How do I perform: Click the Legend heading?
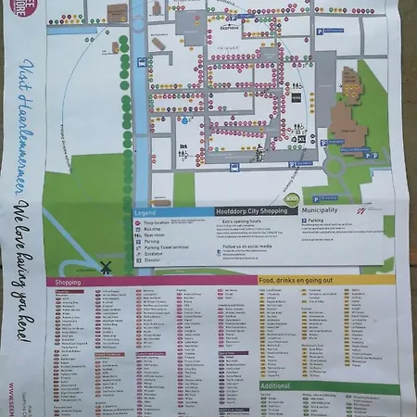coord(146,212)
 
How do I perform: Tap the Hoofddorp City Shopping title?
coord(246,212)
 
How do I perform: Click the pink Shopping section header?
coord(69,281)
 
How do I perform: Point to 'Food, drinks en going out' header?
coord(297,280)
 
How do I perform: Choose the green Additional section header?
coord(276,385)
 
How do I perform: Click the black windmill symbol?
coord(106,267)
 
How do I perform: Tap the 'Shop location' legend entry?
coord(154,222)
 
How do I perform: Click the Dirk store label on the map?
coord(184,145)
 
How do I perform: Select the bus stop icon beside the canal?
coord(140,62)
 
